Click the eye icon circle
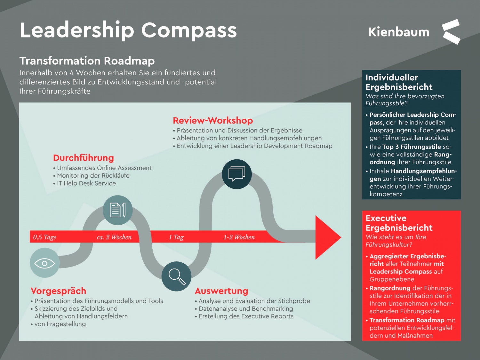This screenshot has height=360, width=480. (x=45, y=263)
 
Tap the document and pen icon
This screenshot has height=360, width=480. (x=117, y=210)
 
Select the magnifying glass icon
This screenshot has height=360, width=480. (x=176, y=276)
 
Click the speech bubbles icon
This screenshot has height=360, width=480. (x=236, y=174)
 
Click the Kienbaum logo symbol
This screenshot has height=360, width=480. (x=451, y=32)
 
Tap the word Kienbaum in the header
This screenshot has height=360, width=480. (x=398, y=32)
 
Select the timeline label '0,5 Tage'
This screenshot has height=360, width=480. (x=45, y=237)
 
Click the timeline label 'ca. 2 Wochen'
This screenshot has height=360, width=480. (x=114, y=237)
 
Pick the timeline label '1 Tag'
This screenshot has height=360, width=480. (x=176, y=237)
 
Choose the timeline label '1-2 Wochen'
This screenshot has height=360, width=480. (x=239, y=237)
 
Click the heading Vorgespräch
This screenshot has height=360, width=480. (x=59, y=291)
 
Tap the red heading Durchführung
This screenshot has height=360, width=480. (x=84, y=158)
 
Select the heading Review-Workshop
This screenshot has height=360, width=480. (x=213, y=121)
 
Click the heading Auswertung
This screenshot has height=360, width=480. (x=221, y=291)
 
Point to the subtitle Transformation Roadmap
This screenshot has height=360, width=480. (x=87, y=61)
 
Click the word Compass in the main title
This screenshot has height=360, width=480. (x=189, y=30)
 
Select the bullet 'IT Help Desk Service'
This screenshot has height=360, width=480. (x=86, y=183)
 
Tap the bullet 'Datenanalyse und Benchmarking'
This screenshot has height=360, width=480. (x=245, y=309)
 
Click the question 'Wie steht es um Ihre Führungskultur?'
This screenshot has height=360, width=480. (x=396, y=241)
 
